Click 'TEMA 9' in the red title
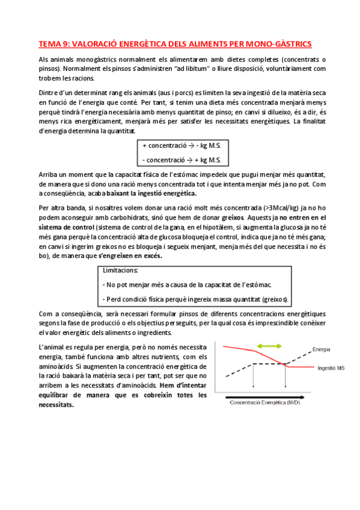(52, 44)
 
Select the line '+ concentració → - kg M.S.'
(182, 146)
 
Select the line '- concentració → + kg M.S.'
(182, 159)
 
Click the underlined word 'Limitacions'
(121, 271)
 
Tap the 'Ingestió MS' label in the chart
(329, 367)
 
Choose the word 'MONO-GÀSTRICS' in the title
(281, 44)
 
